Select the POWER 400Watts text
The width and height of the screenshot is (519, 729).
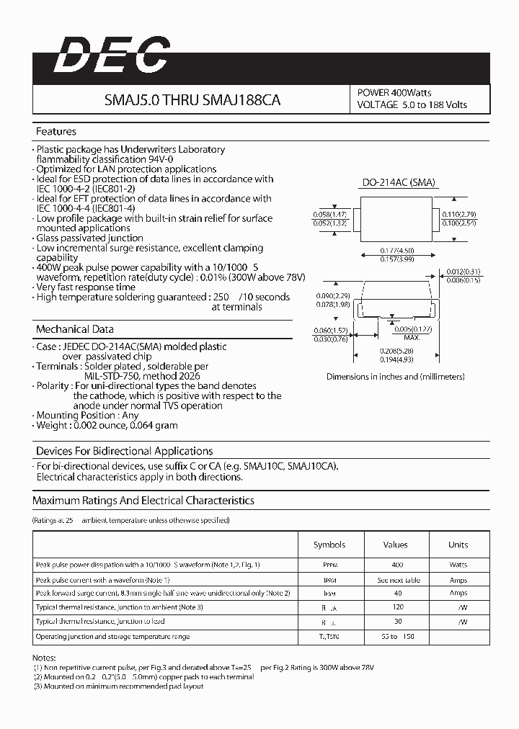(x=394, y=93)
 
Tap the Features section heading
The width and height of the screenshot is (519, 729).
(x=56, y=132)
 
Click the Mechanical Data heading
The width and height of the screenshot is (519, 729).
(x=74, y=329)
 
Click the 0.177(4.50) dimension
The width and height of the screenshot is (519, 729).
(x=397, y=250)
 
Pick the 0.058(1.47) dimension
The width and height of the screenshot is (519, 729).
(x=330, y=215)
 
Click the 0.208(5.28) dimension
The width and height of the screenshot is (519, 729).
(x=396, y=350)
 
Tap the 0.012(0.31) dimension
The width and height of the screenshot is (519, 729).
(x=463, y=272)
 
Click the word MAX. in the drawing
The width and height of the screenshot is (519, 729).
(x=412, y=337)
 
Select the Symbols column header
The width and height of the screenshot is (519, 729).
(x=329, y=545)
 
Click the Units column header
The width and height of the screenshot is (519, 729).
(x=458, y=545)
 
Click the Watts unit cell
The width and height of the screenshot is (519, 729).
(x=458, y=565)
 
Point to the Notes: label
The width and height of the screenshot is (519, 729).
(x=43, y=658)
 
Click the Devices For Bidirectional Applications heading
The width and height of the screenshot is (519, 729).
(x=124, y=451)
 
